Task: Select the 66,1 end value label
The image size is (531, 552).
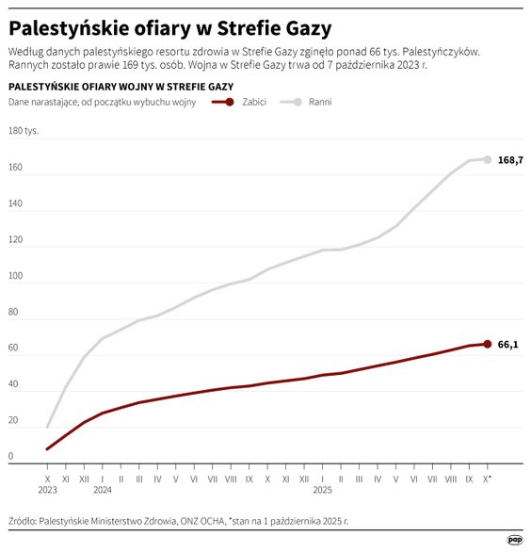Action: pos(507,345)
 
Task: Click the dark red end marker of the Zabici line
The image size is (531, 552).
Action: pos(487,344)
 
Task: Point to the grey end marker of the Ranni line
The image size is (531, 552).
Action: pos(487,159)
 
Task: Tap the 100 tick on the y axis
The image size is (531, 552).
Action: pos(15,276)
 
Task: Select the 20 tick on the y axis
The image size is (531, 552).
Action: pos(13,421)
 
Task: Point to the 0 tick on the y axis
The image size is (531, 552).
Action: pos(11,457)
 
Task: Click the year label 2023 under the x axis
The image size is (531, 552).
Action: pos(48,490)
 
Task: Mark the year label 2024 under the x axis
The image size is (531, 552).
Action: pos(103,490)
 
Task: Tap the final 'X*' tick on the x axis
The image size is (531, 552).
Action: pos(488,479)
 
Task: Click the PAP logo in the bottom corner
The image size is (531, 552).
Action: pos(514,540)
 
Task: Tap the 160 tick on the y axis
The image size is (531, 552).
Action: pos(15,168)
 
